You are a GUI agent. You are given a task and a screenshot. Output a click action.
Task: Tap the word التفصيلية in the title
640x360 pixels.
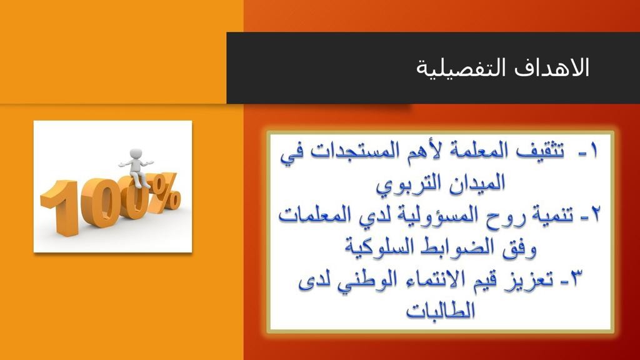[462, 67]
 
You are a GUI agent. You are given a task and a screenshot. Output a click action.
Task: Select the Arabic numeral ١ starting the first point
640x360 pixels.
[594, 151]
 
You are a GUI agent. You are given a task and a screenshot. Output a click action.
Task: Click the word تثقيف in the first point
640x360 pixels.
[539, 151]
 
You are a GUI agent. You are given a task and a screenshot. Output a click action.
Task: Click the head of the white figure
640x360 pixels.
[136, 154]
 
